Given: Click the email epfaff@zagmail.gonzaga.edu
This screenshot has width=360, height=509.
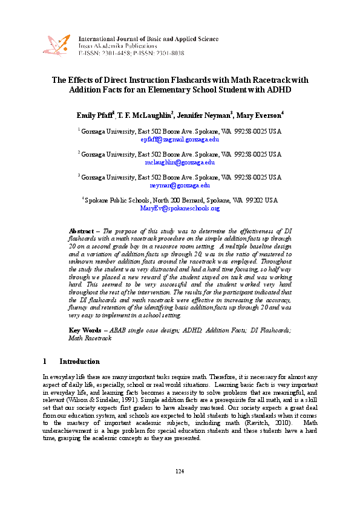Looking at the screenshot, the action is click(x=180, y=139).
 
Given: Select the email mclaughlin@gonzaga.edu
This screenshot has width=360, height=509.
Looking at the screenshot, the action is click(x=180, y=162).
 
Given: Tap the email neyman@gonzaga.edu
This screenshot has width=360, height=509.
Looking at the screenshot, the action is click(x=180, y=186).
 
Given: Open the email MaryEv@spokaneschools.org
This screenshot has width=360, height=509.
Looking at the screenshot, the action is click(x=180, y=208).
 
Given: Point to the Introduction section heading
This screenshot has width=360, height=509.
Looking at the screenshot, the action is click(x=79, y=361).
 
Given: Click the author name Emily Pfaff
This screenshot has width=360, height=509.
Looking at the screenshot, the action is click(x=95, y=115).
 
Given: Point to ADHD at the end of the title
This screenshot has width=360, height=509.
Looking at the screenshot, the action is click(x=279, y=89).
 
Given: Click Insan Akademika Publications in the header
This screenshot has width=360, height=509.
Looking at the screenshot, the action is click(x=117, y=46).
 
